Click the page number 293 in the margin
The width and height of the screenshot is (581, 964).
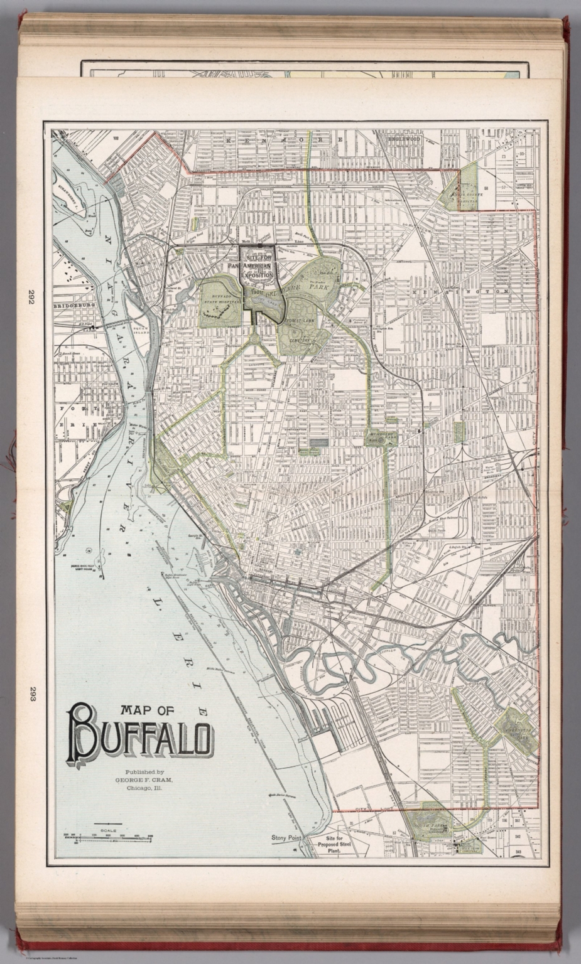click(31, 695)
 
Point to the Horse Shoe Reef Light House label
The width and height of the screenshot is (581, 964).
click(83, 567)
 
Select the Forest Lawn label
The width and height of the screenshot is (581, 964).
click(295, 321)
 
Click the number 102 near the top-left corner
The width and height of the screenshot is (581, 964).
click(116, 136)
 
